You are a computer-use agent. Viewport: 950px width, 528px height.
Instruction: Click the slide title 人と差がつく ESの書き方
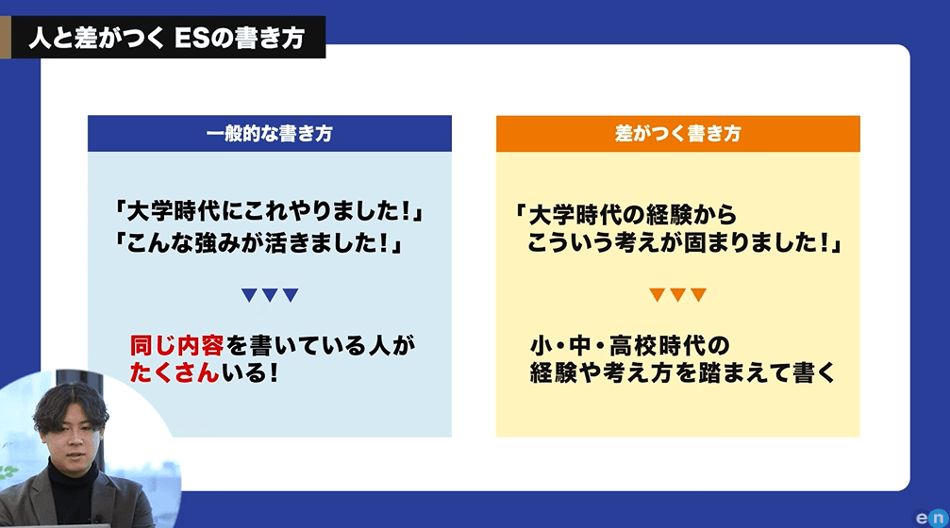tap(167, 38)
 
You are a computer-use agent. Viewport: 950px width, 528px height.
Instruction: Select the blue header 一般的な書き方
tap(270, 133)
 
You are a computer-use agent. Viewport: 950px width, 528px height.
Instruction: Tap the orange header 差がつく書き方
tap(678, 133)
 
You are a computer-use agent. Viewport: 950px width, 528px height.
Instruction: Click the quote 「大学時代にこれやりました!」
tap(269, 211)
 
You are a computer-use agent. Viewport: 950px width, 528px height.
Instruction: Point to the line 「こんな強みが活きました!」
tap(258, 243)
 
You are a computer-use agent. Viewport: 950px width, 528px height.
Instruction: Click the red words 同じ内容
tap(177, 346)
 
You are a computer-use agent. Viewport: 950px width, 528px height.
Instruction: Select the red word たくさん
tap(175, 372)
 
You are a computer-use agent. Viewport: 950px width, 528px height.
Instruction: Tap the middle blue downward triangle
tap(270, 295)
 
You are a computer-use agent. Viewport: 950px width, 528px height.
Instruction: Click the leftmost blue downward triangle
tap(249, 295)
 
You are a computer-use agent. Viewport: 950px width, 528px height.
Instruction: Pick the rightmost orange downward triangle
tap(698, 295)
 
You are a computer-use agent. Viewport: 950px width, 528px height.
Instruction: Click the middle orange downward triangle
tap(678, 295)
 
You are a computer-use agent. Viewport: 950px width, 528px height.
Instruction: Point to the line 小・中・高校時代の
tap(630, 346)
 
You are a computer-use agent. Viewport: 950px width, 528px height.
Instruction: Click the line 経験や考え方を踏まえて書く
tap(683, 372)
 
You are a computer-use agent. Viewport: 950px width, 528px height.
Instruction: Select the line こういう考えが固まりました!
tap(685, 243)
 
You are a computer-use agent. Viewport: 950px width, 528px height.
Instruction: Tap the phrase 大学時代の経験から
tap(632, 215)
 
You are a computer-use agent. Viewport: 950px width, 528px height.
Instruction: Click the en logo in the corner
tap(932, 518)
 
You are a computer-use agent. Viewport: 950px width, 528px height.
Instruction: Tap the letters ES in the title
tap(192, 38)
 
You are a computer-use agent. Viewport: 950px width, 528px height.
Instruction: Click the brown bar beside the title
tap(6, 38)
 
